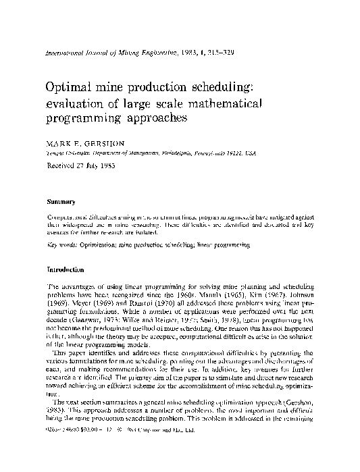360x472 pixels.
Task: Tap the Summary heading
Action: tap(59, 201)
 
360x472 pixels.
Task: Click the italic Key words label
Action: tap(61, 247)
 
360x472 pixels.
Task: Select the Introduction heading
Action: tap(65, 269)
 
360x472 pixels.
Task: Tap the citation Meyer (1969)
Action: tap(86, 303)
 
